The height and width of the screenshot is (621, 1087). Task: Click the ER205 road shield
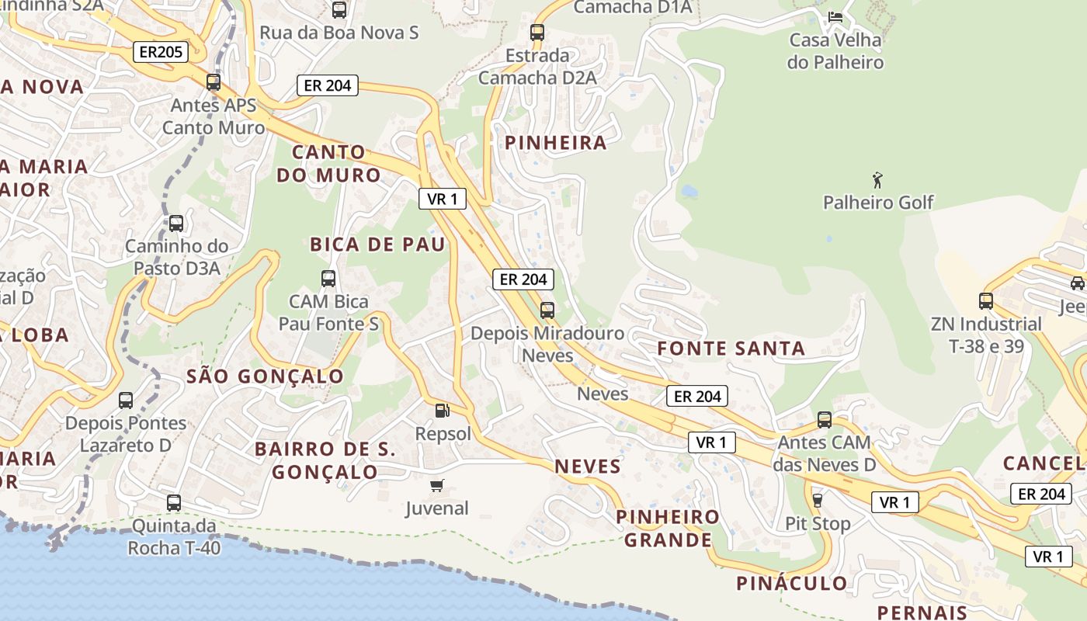coord(161,52)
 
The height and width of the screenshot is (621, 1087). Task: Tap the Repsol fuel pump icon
coord(442,411)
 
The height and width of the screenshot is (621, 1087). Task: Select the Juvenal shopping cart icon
coord(436,486)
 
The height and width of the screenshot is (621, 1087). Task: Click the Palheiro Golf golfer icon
coord(877,180)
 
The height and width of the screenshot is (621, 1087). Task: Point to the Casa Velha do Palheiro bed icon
coord(835,16)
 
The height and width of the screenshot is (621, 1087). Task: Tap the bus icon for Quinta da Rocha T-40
coord(174,502)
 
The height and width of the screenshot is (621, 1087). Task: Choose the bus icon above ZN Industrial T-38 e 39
coord(986,300)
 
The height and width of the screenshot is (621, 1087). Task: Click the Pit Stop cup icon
coord(817,500)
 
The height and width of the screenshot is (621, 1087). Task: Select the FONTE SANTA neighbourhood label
coord(731,349)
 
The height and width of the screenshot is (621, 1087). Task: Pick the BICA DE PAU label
coord(378,245)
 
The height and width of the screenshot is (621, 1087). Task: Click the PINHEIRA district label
coord(556,143)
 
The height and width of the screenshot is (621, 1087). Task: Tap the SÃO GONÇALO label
coord(265,376)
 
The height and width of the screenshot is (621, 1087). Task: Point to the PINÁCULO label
coord(792,583)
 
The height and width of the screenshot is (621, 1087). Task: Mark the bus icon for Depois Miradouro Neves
coord(547,310)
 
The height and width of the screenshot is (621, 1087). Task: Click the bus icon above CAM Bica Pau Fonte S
coord(328,278)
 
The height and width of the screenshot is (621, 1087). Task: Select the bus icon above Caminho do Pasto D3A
coord(176,224)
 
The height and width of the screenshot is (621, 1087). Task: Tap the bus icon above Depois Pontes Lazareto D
coord(126,401)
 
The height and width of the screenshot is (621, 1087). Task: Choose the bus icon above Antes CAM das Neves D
coord(825,420)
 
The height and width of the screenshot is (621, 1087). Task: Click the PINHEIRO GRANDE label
coord(668,529)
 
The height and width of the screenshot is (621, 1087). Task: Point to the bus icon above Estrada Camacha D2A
coord(537,33)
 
